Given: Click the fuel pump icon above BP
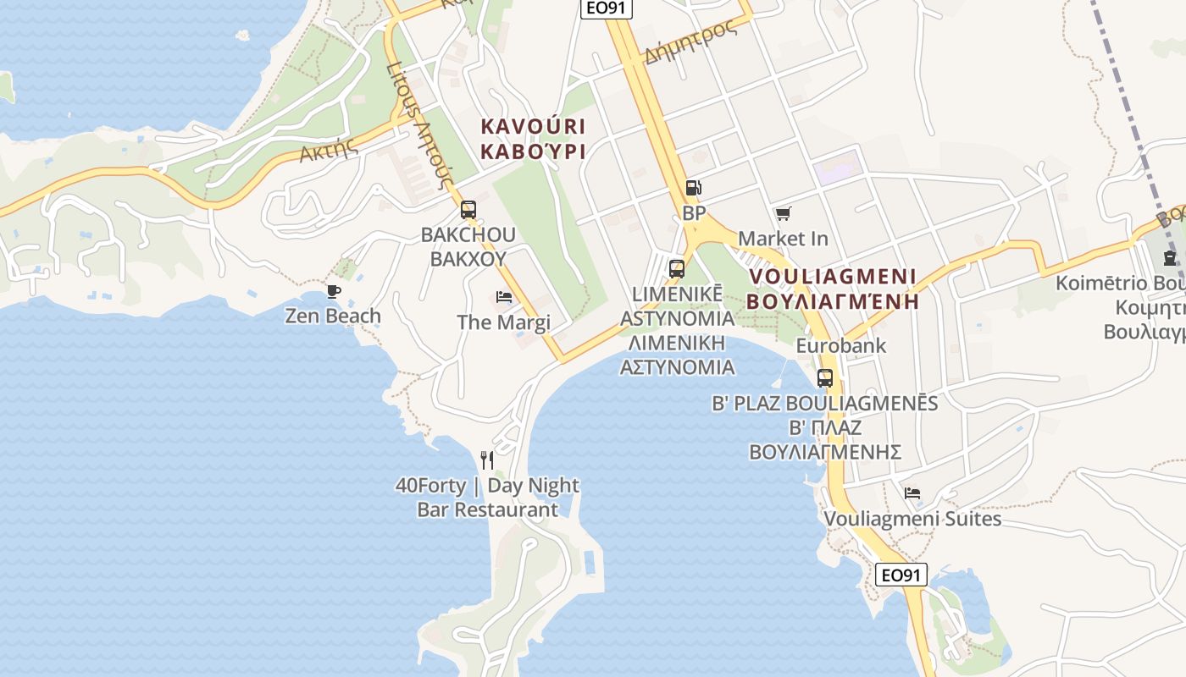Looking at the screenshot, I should point(693,188).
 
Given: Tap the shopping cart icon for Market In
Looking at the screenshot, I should point(783,214).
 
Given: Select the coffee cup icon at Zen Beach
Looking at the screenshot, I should point(334,292).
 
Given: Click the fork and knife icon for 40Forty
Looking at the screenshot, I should point(487,460).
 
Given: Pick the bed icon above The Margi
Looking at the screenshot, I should point(504,297).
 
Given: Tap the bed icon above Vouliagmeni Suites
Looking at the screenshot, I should point(912,493).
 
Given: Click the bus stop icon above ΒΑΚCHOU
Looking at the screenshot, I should point(468,210).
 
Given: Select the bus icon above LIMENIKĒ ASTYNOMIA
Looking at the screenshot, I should point(677,269).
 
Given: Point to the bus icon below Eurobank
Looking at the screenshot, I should point(825,378).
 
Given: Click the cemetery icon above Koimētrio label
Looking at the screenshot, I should point(1170,258).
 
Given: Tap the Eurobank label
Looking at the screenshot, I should point(840,345).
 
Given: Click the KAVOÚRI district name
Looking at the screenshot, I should point(533,127).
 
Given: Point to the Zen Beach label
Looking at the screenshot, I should point(333,316).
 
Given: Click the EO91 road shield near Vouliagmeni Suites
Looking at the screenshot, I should point(901,575).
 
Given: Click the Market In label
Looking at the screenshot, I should point(783,239).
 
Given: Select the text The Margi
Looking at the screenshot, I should point(503,322).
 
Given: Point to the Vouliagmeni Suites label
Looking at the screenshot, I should point(912,519).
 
